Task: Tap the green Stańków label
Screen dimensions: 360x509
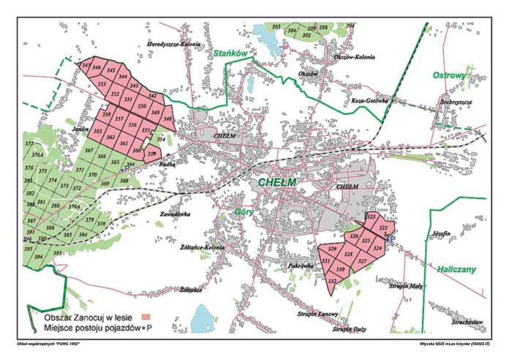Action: [x=229, y=53]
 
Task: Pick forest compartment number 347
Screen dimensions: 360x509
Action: [x=86, y=67]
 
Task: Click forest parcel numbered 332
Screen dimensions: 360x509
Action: [x=333, y=281]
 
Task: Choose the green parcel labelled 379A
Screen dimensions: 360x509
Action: [x=74, y=207]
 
